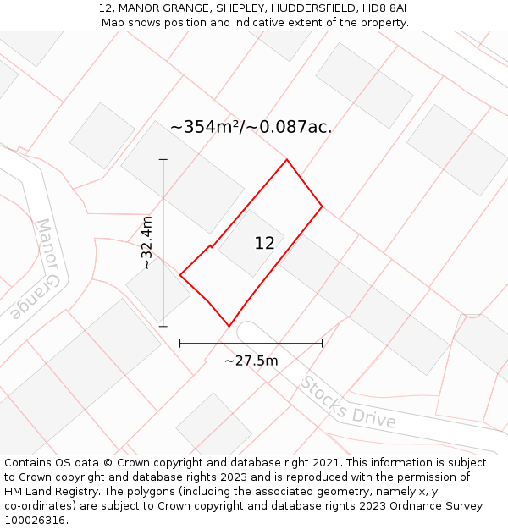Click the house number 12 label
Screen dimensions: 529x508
click(x=264, y=244)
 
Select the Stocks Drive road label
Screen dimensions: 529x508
click(x=348, y=402)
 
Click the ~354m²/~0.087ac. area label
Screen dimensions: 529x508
click(x=251, y=127)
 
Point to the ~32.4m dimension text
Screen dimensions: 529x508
click(x=147, y=243)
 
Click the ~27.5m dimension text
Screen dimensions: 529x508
click(x=251, y=361)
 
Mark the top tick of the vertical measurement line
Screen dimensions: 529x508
click(x=163, y=159)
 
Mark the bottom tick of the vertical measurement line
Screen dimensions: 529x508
click(x=163, y=326)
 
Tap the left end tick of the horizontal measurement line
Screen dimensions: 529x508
click(x=180, y=343)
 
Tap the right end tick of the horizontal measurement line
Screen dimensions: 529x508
click(x=322, y=343)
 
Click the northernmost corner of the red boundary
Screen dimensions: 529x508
click(x=287, y=159)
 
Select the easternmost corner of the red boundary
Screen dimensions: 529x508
click(x=322, y=207)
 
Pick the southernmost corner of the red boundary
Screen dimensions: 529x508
click(x=229, y=326)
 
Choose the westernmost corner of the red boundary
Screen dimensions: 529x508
click(x=180, y=274)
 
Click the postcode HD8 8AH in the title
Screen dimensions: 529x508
click(x=389, y=8)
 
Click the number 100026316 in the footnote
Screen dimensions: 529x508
click(x=36, y=520)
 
